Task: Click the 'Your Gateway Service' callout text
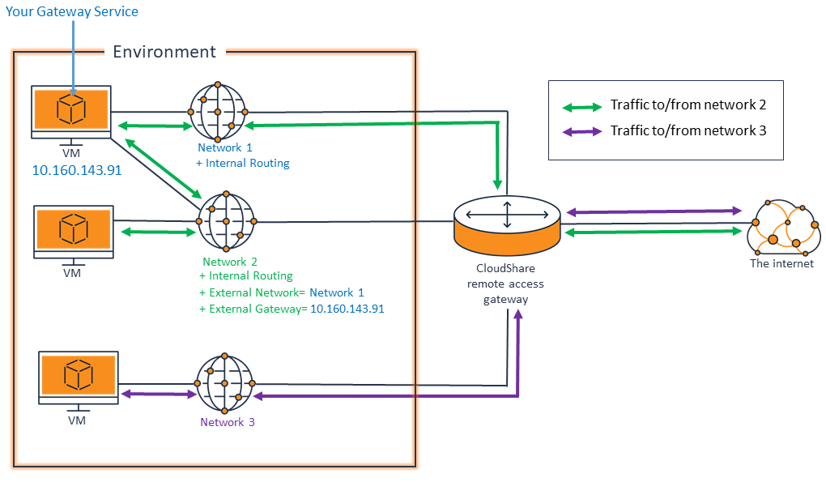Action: pos(72,11)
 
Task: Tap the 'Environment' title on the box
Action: pos(164,52)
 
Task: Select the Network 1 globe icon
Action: pos(219,111)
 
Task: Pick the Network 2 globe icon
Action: pos(227,221)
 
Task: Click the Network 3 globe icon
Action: pos(225,382)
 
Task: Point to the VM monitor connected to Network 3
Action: pos(78,376)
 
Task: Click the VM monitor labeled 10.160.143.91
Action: pos(71,110)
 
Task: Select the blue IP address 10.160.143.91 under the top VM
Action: pos(76,171)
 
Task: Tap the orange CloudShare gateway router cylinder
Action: pos(507,224)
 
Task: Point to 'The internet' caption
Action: pos(781,263)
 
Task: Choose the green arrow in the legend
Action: pos(581,105)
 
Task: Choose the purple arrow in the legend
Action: pos(581,131)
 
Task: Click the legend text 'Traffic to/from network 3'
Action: pos(688,131)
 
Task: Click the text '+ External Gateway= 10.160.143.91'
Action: pos(291,309)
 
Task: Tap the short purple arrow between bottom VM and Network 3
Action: pos(159,395)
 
